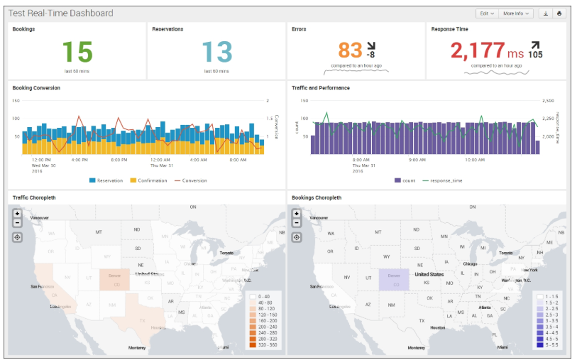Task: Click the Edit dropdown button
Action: coord(486,13)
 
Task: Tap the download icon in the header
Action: coord(545,13)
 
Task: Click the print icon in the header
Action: coord(559,13)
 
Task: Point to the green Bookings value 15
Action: coord(77,53)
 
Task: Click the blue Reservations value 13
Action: coord(216,53)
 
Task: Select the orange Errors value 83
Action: coord(350,50)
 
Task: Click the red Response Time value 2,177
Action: coord(478,50)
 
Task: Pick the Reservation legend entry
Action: coord(106,180)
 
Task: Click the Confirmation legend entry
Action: coord(149,180)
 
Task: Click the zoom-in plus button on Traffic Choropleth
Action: coord(17,213)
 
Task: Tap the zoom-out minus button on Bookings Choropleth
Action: coord(297,223)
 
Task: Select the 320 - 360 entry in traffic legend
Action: coord(266,345)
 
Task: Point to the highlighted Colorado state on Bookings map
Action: coord(394,279)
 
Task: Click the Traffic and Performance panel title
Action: coord(320,88)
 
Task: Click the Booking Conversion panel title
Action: coord(36,88)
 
